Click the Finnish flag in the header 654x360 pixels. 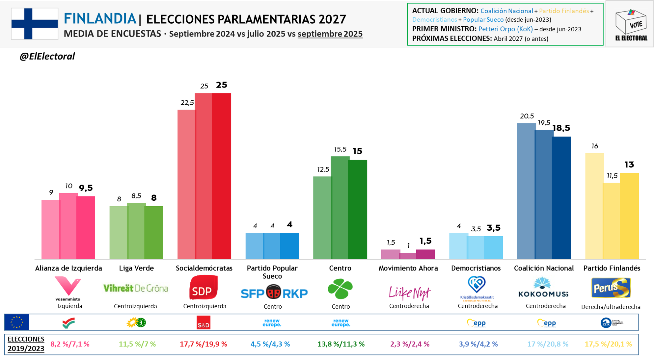point(35,24)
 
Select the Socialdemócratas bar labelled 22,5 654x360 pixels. point(186,184)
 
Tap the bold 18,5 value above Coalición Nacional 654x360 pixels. point(561,128)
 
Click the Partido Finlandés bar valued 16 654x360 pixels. point(594,206)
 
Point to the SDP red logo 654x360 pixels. point(203,288)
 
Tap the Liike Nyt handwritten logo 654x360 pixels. point(409,293)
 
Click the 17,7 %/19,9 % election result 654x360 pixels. point(203,344)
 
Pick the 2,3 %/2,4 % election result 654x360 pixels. point(410,344)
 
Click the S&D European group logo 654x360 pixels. point(203,322)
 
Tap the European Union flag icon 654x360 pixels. point(17,322)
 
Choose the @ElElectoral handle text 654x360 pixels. point(47,56)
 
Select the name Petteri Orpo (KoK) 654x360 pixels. point(505,29)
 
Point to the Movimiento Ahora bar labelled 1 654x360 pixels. point(408,256)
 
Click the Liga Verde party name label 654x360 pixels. point(136,268)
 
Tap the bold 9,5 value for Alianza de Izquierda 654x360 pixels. point(86,188)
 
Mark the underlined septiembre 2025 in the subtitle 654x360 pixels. point(330,34)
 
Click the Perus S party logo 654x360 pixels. point(611,288)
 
